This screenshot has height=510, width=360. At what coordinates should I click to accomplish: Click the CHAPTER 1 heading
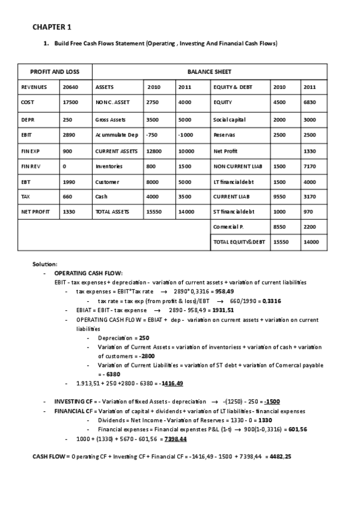point(52,27)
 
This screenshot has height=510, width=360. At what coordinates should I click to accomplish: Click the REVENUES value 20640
point(70,87)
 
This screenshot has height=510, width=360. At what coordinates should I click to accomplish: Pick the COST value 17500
point(70,103)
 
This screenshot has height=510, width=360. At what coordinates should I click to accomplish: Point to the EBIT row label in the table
point(27,135)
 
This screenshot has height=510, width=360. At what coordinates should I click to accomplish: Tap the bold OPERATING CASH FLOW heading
point(88,273)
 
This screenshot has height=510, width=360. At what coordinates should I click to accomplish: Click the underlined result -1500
point(272,402)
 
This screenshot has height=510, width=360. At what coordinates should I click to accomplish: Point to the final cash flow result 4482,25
point(279,457)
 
